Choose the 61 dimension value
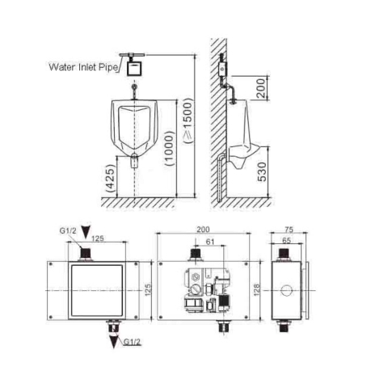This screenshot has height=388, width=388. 210,240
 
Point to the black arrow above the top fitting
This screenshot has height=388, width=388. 86,232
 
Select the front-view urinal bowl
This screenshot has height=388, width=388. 133,129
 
